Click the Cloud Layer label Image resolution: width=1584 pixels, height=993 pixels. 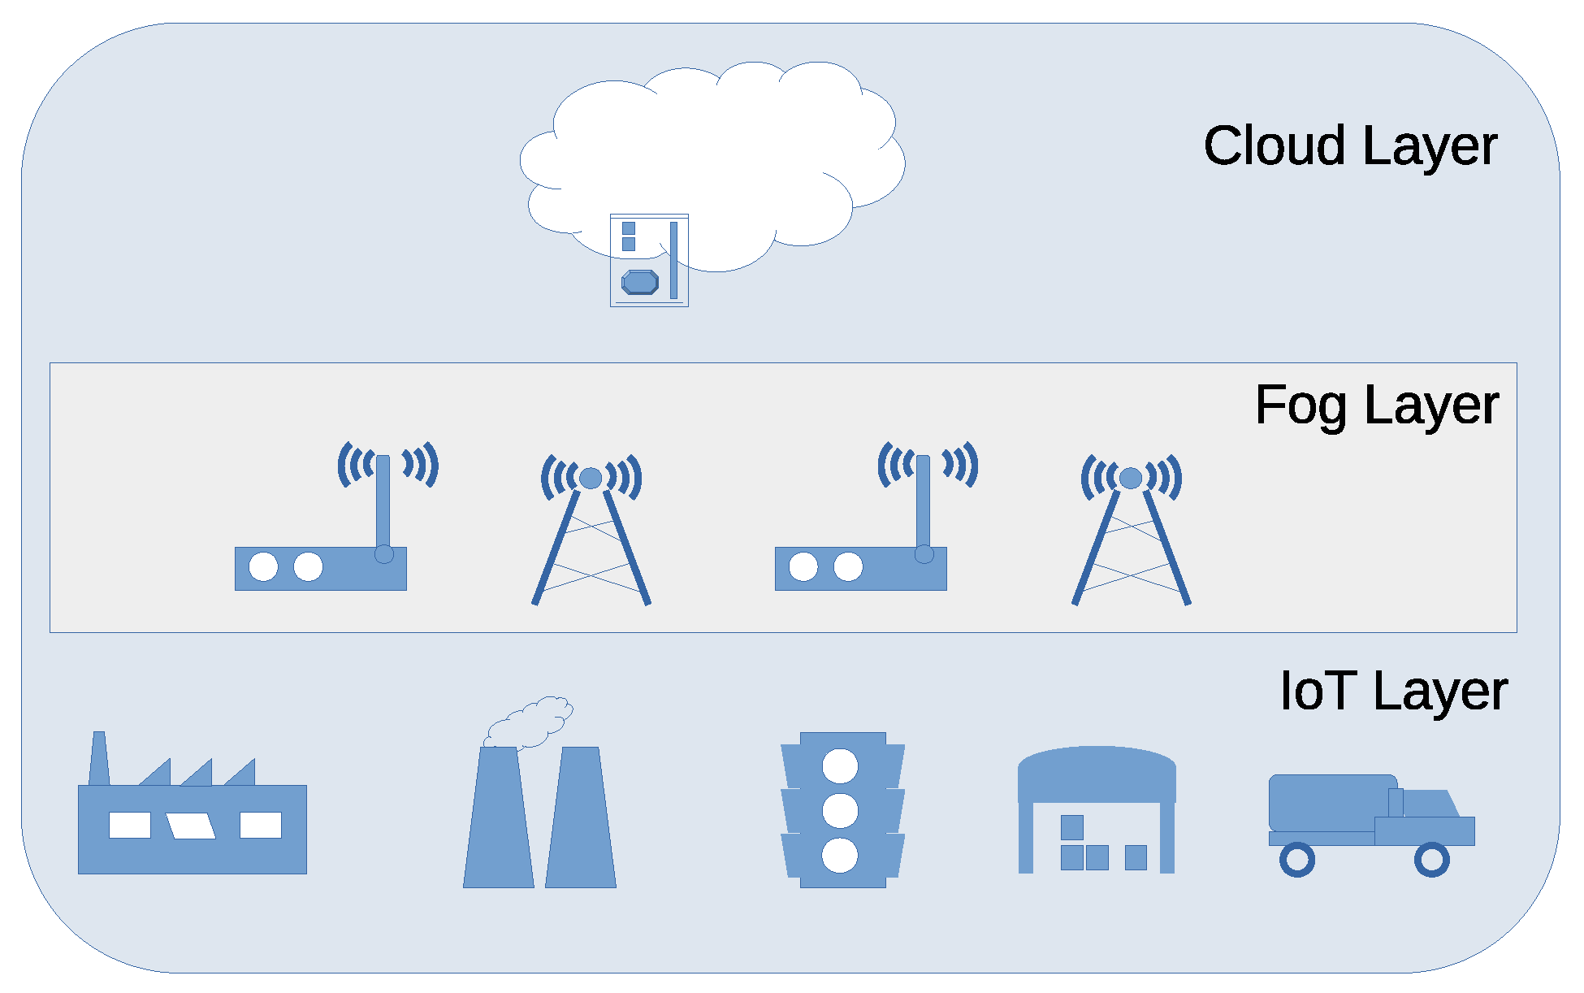tap(1349, 146)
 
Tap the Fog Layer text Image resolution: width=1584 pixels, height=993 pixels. tap(1376, 405)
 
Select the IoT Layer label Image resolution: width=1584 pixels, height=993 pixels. tap(1392, 691)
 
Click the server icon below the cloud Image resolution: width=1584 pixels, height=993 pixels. tap(649, 260)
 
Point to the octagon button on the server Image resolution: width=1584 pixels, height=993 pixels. tap(640, 282)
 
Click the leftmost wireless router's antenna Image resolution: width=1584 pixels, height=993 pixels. tap(383, 500)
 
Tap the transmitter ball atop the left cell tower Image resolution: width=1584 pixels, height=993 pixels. tap(591, 478)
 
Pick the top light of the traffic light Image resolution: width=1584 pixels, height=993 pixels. tap(840, 765)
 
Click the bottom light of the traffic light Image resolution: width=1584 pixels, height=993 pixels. tap(840, 856)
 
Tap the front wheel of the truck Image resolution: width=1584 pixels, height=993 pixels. tap(1431, 860)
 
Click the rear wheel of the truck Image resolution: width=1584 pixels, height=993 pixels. tap(1296, 860)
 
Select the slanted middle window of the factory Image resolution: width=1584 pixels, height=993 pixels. tap(191, 826)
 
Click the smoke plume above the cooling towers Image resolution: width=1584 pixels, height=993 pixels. tap(532, 722)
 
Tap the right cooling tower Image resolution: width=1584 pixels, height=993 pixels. tap(581, 821)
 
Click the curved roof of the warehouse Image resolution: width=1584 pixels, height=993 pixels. tap(1097, 772)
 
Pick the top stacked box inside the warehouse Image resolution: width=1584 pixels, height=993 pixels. tap(1071, 827)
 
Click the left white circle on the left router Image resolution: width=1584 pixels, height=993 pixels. tap(263, 566)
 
